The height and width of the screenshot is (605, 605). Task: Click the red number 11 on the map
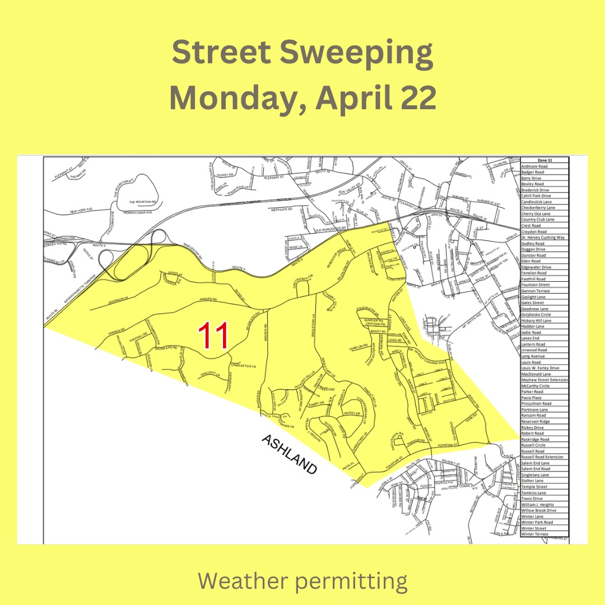(x=215, y=336)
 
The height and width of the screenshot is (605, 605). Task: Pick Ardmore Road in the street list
(x=534, y=166)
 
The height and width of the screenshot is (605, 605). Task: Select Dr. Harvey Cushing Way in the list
(x=543, y=238)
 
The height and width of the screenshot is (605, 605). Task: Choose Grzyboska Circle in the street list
(x=536, y=315)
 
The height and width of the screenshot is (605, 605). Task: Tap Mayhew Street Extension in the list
(x=544, y=380)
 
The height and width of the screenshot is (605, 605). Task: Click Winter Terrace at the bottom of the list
(x=534, y=534)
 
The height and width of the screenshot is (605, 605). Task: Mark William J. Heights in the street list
(x=537, y=505)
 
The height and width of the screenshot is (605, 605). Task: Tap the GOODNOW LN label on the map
(x=111, y=303)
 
